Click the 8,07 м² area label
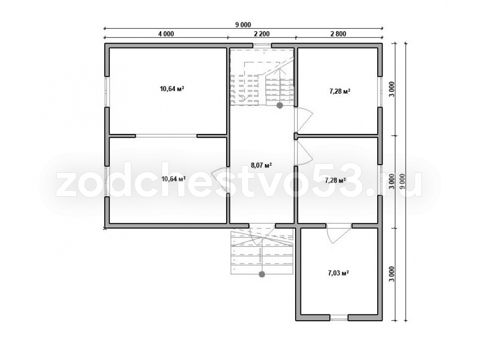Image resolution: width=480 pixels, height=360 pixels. click(262, 166)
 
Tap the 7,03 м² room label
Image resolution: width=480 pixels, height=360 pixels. click(339, 273)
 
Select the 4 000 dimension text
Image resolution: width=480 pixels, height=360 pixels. click(166, 34)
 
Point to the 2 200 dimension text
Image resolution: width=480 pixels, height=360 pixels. click(262, 34)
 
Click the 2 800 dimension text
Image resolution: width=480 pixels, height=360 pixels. click(338, 34)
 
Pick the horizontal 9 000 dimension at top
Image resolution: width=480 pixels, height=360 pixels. click(243, 25)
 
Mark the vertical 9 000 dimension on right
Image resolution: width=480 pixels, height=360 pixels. click(402, 182)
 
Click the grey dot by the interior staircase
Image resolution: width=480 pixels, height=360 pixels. click(279, 106)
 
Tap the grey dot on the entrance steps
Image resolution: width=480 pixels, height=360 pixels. click(262, 274)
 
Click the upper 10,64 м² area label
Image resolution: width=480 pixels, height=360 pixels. click(172, 89)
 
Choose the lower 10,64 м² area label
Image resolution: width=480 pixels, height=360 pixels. click(174, 179)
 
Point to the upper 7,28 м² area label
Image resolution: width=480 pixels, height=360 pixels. click(340, 91)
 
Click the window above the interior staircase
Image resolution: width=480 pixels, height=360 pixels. click(263, 46)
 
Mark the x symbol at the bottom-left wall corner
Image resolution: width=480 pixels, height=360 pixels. click(105, 228)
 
